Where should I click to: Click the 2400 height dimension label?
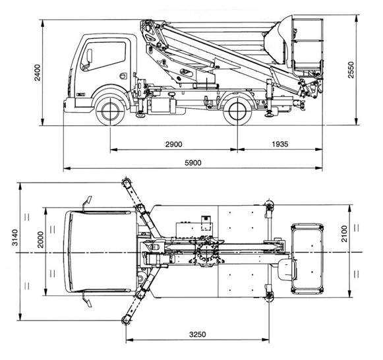[x=38, y=73]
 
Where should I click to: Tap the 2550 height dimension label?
[x=351, y=70]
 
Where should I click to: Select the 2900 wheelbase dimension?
[x=173, y=144]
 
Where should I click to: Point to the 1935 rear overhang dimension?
[x=280, y=144]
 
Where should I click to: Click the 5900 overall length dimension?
[x=193, y=163]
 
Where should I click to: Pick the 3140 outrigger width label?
[x=15, y=237]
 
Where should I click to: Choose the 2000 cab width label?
[x=41, y=239]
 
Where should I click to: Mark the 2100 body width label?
[x=344, y=233]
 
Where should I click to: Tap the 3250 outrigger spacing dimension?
[x=198, y=334]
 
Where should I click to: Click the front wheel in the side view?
[x=110, y=111]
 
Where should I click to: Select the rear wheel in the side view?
[x=237, y=111]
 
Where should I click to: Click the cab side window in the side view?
[x=103, y=56]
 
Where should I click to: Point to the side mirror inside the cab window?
[x=90, y=56]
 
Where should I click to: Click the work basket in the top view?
[x=308, y=258]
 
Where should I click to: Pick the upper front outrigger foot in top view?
[x=126, y=183]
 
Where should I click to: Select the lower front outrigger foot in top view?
[x=126, y=320]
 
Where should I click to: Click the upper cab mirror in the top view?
[x=87, y=202]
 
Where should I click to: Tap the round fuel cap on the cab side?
[x=123, y=76]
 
